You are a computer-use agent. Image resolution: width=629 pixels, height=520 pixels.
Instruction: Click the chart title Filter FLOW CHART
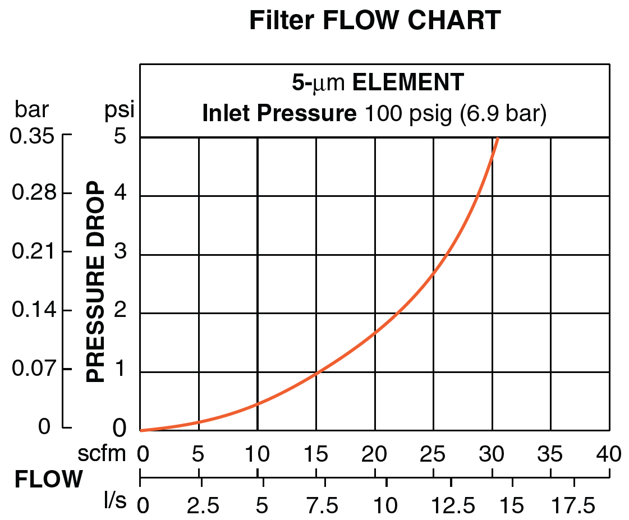pos(374,21)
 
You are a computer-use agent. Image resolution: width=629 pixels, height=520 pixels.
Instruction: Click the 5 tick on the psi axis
pos(120,137)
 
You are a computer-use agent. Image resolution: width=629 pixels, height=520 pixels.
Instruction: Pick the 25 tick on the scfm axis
pos(433,453)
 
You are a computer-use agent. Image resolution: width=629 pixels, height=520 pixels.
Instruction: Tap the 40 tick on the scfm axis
pos(609,453)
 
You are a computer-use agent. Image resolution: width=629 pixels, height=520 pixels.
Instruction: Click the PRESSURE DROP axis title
pos(96,282)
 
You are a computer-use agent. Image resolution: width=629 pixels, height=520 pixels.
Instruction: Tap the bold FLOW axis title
pos(49,480)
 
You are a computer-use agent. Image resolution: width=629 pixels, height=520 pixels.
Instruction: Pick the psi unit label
pos(120,110)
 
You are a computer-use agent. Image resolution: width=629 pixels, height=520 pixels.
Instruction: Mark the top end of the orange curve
pos(497,138)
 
